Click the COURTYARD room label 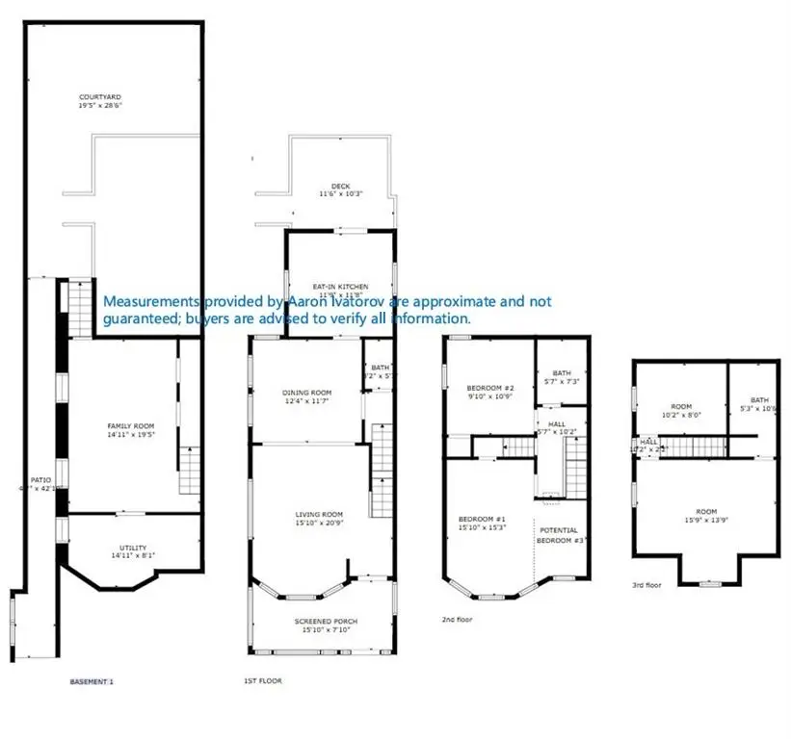99,97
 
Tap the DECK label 340,186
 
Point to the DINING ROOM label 306,393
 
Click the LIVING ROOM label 319,515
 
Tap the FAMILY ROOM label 130,426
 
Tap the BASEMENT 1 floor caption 92,681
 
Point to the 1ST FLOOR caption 262,681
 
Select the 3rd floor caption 647,584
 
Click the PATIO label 40,478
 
